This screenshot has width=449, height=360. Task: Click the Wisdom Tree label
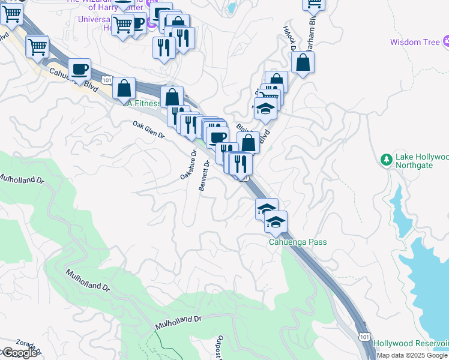pyautogui.click(x=415, y=42)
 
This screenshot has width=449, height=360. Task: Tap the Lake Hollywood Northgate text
pyautogui.click(x=421, y=161)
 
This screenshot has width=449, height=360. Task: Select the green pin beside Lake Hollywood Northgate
pyautogui.click(x=386, y=159)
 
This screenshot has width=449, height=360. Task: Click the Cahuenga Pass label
pyautogui.click(x=298, y=242)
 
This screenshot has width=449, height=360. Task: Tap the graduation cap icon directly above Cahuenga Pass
pyautogui.click(x=276, y=223)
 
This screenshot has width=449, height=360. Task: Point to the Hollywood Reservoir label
pyautogui.click(x=411, y=343)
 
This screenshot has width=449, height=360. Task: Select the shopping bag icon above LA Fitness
pyautogui.click(x=124, y=89)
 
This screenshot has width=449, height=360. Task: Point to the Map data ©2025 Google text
pyautogui.click(x=412, y=355)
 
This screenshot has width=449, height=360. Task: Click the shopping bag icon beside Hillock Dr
pyautogui.click(x=303, y=62)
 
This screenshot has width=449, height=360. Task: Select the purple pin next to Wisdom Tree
pyautogui.click(x=446, y=41)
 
